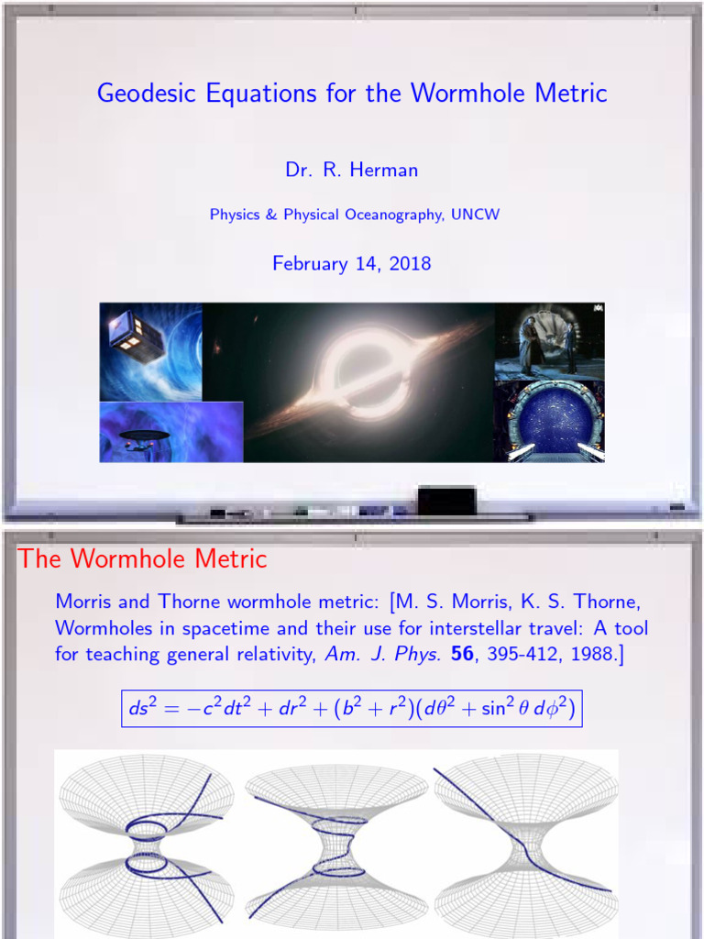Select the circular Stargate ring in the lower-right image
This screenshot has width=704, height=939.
click(x=550, y=422)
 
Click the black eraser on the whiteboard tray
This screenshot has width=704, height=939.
click(x=446, y=501)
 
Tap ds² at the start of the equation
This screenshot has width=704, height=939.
click(x=142, y=709)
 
